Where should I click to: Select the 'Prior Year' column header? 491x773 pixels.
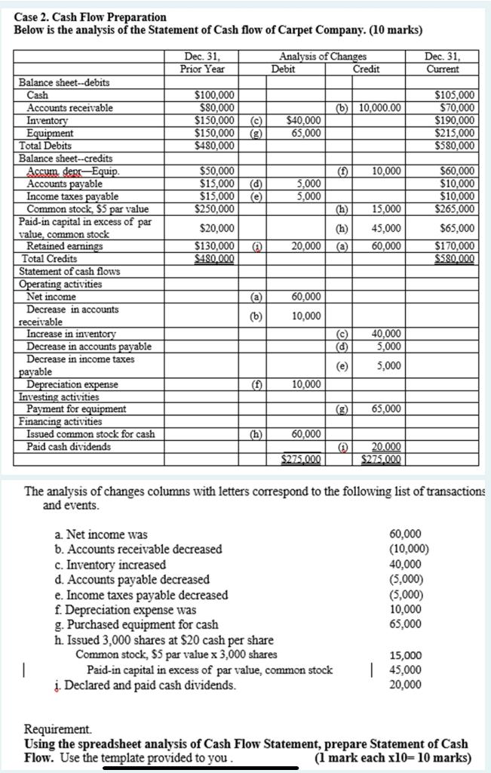coord(202,69)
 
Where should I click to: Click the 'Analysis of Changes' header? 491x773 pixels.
coord(323,57)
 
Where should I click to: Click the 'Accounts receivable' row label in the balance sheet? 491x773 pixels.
coord(70,108)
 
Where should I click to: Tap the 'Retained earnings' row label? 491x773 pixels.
coord(64,246)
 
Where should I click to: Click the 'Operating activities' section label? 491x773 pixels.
coord(60,285)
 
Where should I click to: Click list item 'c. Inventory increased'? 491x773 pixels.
coord(111,565)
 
